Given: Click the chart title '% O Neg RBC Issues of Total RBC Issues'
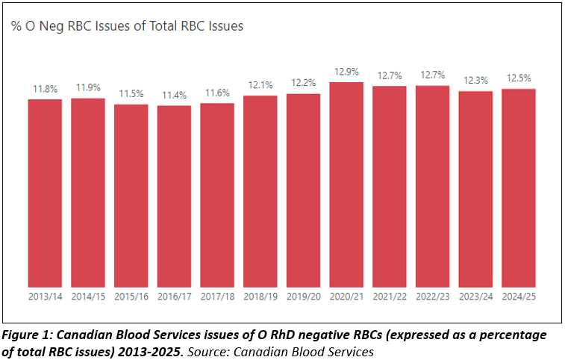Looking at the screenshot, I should coord(128,26).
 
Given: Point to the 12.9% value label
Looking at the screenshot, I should coord(346,72).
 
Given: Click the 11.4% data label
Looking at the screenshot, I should coord(174,96).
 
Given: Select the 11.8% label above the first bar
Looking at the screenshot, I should coord(45,89).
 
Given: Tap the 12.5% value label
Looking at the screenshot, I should coord(519,79).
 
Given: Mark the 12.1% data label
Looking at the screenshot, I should coord(260,85).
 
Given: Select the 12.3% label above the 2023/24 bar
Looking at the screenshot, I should coord(475,81).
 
